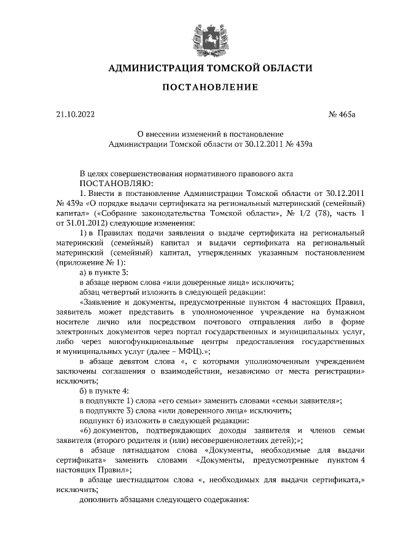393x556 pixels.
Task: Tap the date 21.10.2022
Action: (72, 114)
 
